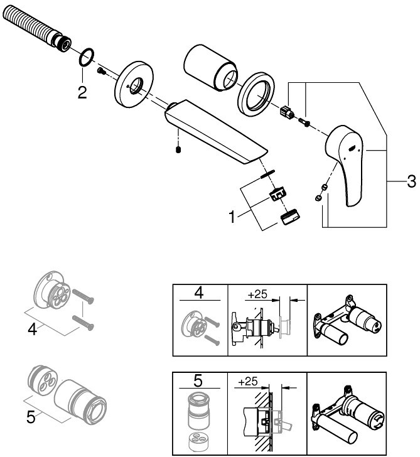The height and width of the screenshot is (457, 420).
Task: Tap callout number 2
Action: click(82, 93)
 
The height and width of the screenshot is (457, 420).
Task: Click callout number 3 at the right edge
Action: click(411, 181)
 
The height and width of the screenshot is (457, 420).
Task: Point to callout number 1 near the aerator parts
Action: click(232, 217)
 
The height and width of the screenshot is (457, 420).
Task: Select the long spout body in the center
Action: click(216, 131)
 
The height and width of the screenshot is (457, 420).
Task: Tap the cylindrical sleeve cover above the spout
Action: click(210, 68)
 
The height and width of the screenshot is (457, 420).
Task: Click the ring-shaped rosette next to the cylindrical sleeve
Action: click(256, 94)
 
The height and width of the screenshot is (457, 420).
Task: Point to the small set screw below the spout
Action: click(178, 150)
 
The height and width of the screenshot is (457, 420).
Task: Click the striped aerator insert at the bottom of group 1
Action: click(290, 217)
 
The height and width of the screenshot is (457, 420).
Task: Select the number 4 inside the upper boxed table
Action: click(199, 293)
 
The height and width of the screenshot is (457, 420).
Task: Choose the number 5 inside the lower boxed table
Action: click(198, 380)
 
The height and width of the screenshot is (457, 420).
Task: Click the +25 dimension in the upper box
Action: click(257, 294)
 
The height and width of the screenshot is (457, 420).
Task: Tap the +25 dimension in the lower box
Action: click(248, 382)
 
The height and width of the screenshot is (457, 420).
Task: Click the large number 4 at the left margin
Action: click(33, 330)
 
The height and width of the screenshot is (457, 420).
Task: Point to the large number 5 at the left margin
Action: click(31, 417)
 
